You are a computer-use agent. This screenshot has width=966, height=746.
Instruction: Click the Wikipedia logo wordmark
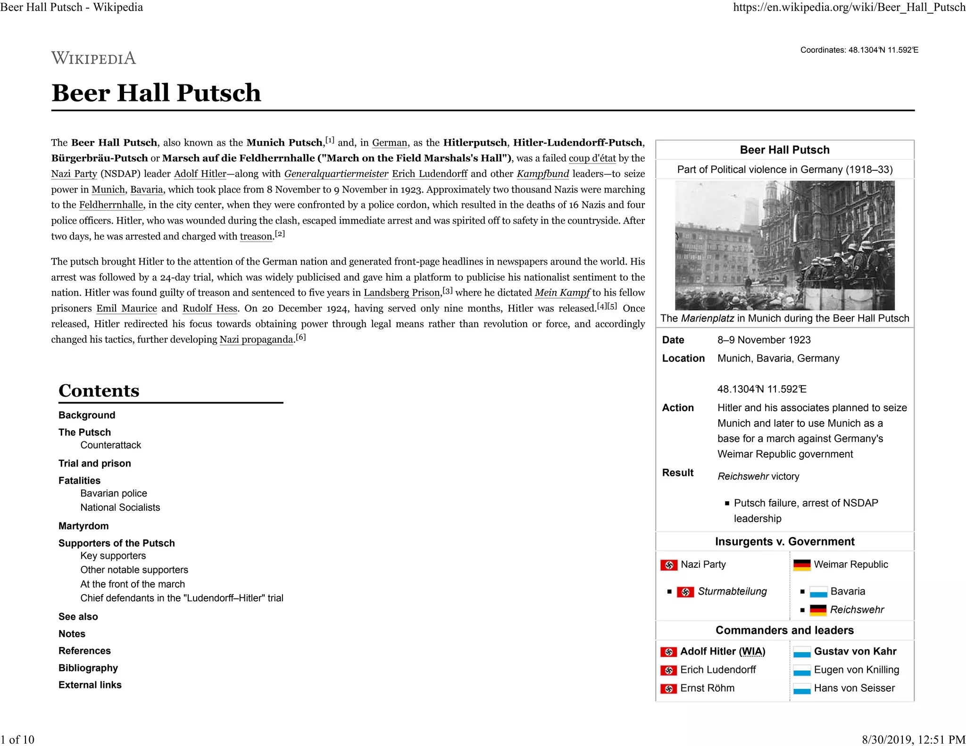coord(93,58)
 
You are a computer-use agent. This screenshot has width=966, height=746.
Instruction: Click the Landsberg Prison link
coord(401,293)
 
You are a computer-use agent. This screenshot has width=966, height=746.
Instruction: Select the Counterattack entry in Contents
coord(110,445)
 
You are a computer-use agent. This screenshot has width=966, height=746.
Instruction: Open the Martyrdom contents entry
coord(83,526)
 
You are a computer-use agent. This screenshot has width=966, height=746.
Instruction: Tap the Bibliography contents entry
coord(88,668)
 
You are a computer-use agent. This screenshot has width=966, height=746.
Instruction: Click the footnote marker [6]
coord(300,338)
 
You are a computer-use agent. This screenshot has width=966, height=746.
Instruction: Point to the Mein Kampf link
coord(562,293)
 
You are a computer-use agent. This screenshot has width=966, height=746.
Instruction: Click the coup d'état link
coord(592,158)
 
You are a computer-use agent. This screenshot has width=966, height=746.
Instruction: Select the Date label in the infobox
coord(673,340)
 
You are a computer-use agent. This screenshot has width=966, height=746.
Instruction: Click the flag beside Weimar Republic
coord(802,565)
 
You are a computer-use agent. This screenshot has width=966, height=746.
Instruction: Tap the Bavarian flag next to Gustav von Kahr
coord(802,652)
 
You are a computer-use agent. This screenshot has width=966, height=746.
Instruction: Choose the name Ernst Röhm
coord(707,688)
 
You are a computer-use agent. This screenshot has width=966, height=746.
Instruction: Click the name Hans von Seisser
coord(854,688)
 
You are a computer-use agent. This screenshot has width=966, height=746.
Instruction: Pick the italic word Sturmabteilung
coord(732,591)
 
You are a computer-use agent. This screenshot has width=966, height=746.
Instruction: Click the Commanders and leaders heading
coord(784,630)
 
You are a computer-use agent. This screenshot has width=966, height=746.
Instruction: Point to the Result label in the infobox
coord(677,473)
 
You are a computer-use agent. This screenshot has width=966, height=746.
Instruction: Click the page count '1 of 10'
coord(17,739)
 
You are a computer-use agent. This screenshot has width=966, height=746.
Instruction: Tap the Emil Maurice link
coord(126,308)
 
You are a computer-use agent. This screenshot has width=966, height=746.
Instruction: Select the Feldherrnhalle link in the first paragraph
coord(111,205)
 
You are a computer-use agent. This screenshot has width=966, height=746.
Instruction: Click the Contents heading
coord(99,390)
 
